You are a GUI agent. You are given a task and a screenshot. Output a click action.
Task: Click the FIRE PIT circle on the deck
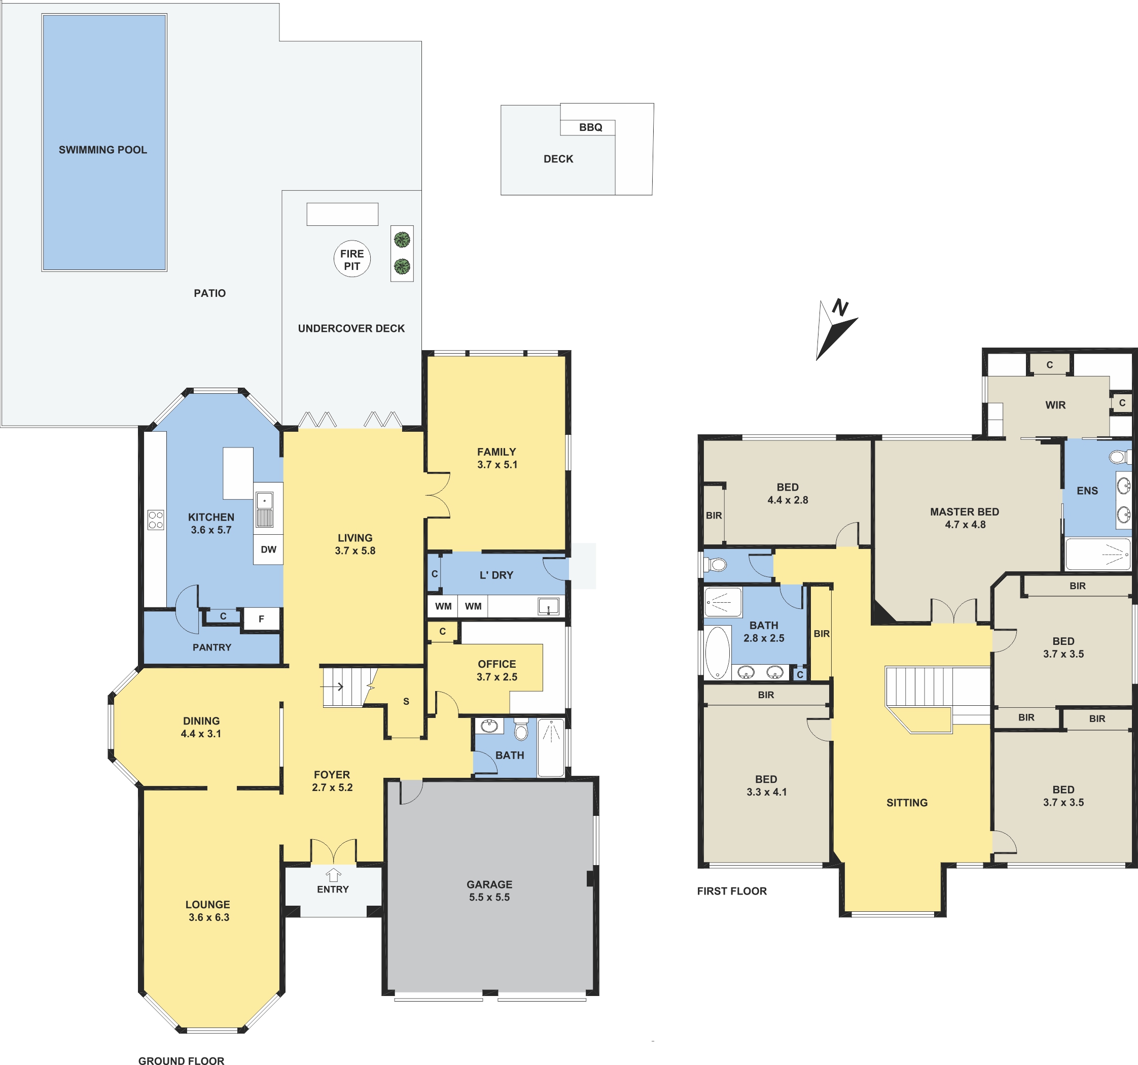[x=352, y=259]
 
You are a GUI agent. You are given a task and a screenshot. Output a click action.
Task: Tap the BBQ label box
[x=588, y=127]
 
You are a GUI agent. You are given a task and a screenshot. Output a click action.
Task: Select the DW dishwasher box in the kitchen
[x=268, y=549]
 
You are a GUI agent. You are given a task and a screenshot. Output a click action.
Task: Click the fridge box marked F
[x=262, y=619]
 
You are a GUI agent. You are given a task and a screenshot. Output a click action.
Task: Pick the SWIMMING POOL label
[x=103, y=150]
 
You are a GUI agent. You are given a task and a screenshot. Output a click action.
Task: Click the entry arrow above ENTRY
[x=333, y=875]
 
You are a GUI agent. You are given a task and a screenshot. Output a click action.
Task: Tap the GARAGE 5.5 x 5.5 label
[x=489, y=891]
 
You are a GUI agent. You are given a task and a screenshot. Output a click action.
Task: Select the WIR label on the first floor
[x=1055, y=405]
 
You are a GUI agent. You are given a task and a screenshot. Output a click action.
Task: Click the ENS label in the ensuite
[x=1087, y=491]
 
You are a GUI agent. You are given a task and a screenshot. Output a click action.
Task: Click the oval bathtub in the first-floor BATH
[x=718, y=652]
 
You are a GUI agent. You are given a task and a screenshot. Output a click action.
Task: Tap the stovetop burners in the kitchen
[x=156, y=520]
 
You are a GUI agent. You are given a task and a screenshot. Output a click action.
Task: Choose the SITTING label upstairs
[x=907, y=803]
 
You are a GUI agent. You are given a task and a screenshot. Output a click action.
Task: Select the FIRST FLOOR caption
[x=732, y=891]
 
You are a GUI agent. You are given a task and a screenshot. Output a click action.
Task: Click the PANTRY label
[x=212, y=647]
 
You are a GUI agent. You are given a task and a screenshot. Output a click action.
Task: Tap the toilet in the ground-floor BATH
[x=521, y=730]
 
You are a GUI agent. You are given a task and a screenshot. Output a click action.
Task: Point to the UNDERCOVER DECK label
[x=351, y=329]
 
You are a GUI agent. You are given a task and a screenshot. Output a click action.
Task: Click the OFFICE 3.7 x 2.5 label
[x=497, y=670]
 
